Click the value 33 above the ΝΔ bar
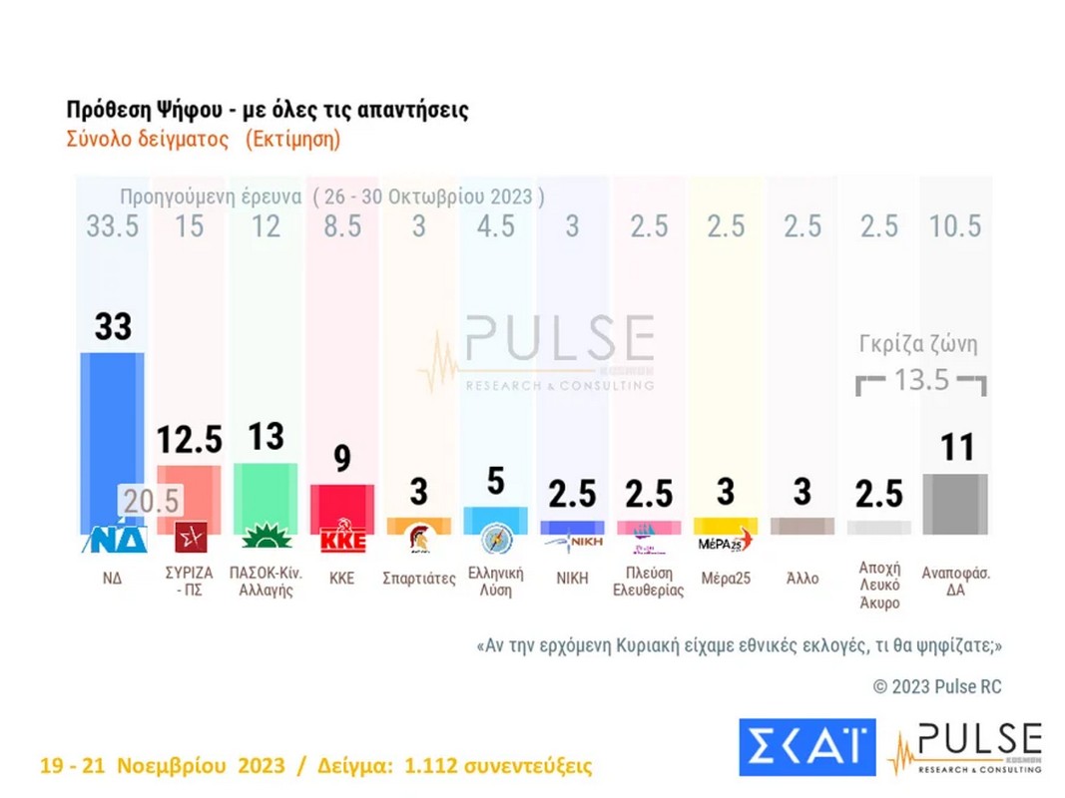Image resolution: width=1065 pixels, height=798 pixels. pyautogui.click(x=112, y=326)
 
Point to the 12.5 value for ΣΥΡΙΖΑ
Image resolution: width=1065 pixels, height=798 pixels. pyautogui.click(x=189, y=439)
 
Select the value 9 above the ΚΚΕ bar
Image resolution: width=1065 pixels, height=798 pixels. pyautogui.click(x=342, y=460)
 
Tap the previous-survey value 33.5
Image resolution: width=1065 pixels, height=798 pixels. pyautogui.click(x=112, y=226)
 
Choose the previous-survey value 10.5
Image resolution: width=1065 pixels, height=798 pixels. pyautogui.click(x=955, y=226)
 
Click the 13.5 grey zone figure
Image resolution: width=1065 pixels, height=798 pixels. pyautogui.click(x=921, y=380)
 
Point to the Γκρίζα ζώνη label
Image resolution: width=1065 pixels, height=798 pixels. pyautogui.click(x=918, y=345)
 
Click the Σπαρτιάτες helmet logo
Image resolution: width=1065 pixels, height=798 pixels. pyautogui.click(x=418, y=540)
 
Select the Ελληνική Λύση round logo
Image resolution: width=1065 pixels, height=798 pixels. pyautogui.click(x=496, y=539)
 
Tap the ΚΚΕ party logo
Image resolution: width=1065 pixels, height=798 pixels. pyautogui.click(x=342, y=540)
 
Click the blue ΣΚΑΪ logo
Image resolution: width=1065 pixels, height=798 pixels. pyautogui.click(x=806, y=747)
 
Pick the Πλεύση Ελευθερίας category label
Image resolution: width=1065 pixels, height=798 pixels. pyautogui.click(x=649, y=582)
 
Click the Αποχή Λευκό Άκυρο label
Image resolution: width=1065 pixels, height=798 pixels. pyautogui.click(x=879, y=585)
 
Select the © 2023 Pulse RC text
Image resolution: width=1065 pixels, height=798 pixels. pyautogui.click(x=936, y=687)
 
